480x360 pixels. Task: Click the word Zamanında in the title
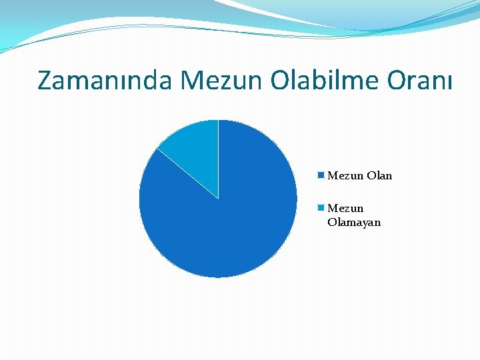pos(105,81)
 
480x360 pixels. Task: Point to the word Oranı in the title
pos(418,81)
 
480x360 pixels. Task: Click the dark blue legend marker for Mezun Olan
pos(321,175)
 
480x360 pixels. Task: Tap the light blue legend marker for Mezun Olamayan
pos(321,208)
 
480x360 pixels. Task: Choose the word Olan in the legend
pos(379,176)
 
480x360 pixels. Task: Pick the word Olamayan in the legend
pos(354,223)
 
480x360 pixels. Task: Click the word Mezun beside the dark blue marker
pos(345,176)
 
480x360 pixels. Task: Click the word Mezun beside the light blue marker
pos(345,209)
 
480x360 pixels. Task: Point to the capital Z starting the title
pos(46,81)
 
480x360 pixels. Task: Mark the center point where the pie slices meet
pos(218,199)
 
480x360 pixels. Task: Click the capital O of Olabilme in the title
pos(281,81)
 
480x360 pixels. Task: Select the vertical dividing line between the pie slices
pos(218,159)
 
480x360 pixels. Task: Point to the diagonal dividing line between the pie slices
pos(187,173)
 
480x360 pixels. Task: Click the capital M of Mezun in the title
pos(193,81)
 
